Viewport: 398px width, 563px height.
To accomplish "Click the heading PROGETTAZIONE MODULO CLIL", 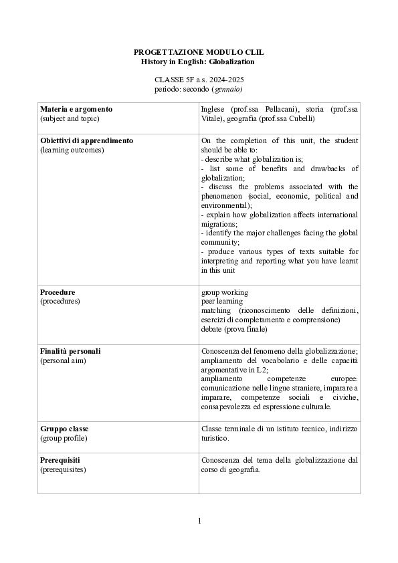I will (198, 51).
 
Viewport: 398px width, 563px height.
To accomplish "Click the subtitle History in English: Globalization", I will (198, 62).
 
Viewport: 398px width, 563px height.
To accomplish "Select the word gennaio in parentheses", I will (227, 88).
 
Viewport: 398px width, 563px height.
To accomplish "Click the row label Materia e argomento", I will (76, 109).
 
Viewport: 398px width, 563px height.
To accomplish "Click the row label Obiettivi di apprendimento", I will (86, 141).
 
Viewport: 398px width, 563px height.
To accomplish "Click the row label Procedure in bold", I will (58, 292).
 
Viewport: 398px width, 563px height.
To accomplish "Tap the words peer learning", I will (222, 302).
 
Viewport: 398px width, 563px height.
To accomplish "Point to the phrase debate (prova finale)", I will (234, 329).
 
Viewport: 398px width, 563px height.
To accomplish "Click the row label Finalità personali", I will (70, 351).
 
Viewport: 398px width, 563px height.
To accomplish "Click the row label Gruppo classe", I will (64, 428).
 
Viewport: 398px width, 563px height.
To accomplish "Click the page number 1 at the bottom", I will (199, 522).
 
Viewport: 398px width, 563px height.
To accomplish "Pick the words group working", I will (225, 292).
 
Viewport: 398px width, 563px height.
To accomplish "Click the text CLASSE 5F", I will (169, 79).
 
